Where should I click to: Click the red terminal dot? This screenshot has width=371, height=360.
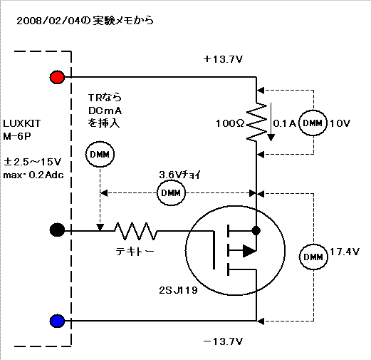[57, 77]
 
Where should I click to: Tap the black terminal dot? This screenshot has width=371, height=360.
[57, 230]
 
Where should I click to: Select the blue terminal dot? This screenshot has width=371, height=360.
[57, 321]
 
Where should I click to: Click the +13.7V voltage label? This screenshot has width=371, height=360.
[223, 59]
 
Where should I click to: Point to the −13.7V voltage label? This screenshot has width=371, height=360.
[223, 341]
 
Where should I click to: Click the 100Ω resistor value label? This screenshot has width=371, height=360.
[230, 123]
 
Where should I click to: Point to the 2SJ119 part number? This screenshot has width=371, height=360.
[178, 290]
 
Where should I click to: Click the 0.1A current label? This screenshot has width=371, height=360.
[285, 123]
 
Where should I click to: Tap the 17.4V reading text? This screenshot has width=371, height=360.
[345, 252]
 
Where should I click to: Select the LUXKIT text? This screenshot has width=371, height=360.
[22, 123]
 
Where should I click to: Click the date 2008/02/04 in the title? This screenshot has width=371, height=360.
[48, 21]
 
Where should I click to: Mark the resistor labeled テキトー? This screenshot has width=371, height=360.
[135, 231]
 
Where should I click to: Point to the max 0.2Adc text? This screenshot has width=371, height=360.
[33, 175]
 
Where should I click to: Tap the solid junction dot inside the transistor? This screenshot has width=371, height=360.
[256, 230]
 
